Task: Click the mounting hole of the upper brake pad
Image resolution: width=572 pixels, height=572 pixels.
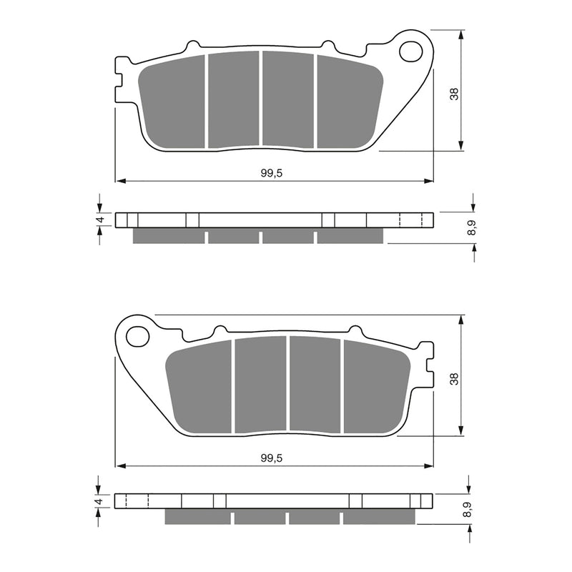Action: tap(412, 51)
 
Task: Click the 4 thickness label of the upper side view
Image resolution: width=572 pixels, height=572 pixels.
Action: tap(102, 220)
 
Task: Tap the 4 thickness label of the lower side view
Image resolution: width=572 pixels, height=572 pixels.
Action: tap(102, 502)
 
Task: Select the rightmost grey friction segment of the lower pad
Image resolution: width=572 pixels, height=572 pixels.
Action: tap(374, 386)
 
